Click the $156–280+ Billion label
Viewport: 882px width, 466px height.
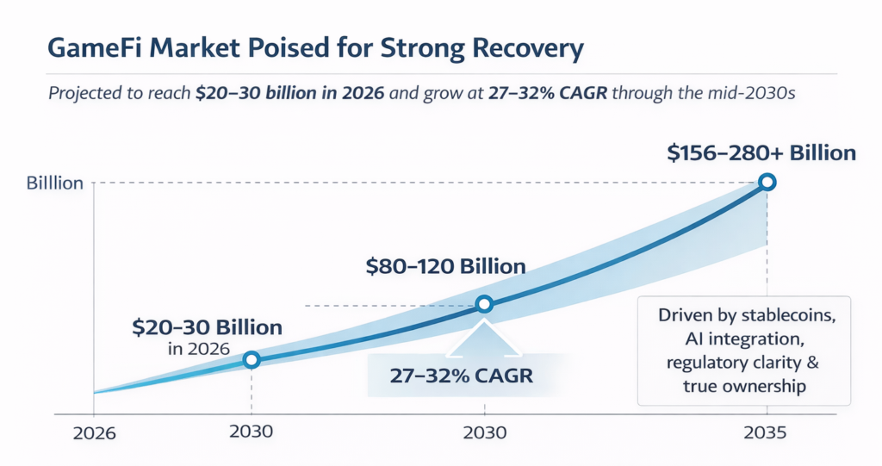pyautogui.click(x=761, y=153)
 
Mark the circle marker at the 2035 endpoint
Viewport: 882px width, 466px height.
pyautogui.click(x=767, y=182)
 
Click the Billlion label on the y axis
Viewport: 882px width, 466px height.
pyautogui.click(x=55, y=183)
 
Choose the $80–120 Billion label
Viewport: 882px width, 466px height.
pyautogui.click(x=445, y=265)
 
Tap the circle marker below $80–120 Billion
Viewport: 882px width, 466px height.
pyautogui.click(x=484, y=304)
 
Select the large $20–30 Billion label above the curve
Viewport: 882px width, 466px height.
pyautogui.click(x=207, y=327)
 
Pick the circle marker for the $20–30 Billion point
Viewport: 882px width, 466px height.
pyautogui.click(x=251, y=360)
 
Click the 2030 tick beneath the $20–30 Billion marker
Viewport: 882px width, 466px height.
pyautogui.click(x=252, y=432)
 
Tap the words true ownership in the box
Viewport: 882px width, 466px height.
pyautogui.click(x=744, y=386)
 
